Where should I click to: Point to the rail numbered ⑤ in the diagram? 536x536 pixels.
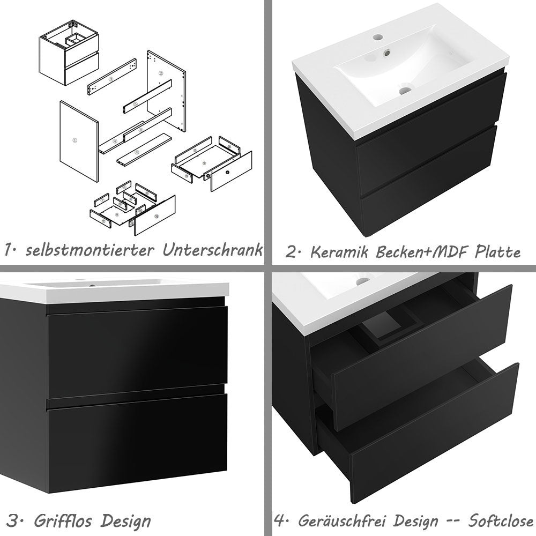pos(136,103)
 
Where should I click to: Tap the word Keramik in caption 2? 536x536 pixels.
pos(338,252)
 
